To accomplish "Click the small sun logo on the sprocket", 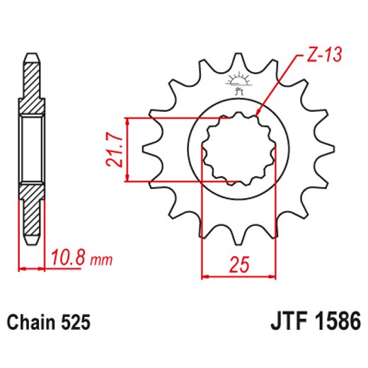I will pyautogui.click(x=238, y=80).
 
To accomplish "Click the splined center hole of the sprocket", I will pyautogui.click(x=238, y=149).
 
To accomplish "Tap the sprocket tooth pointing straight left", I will pyautogui.click(x=150, y=149).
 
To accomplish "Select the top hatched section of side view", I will pyautogui.click(x=31, y=88).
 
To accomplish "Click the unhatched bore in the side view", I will pyautogui.click(x=31, y=149).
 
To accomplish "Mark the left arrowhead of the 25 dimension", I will pyautogui.click(x=206, y=276).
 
